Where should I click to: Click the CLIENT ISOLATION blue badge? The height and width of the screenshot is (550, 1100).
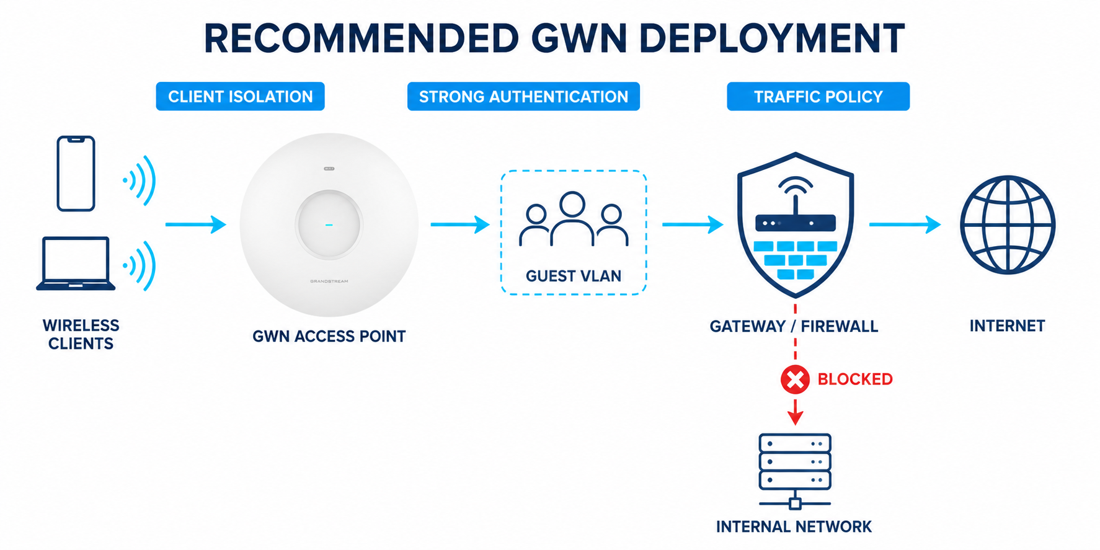click(240, 96)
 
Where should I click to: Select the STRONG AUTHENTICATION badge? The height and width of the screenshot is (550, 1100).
click(523, 96)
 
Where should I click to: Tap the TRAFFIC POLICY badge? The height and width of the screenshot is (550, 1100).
click(818, 96)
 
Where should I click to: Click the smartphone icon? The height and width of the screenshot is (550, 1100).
click(76, 174)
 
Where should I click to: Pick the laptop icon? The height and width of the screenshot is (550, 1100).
click(76, 264)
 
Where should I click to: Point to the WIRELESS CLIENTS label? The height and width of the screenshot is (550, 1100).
click(81, 334)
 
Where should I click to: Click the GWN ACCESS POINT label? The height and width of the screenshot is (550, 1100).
click(329, 336)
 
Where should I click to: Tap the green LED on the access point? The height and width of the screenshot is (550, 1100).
click(329, 224)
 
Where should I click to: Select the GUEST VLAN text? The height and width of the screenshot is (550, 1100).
click(574, 276)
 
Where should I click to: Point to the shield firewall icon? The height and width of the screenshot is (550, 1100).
click(796, 225)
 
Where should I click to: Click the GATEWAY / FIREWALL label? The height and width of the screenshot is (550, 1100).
click(794, 326)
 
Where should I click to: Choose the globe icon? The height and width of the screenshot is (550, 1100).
click(1008, 225)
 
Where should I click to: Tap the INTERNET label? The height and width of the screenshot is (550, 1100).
click(1007, 326)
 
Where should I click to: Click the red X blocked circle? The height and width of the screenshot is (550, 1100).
click(795, 379)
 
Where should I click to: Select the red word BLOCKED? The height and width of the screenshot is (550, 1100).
click(855, 379)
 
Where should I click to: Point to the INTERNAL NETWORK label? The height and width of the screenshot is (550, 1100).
click(794, 526)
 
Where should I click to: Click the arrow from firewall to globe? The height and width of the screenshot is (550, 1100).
click(905, 224)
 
